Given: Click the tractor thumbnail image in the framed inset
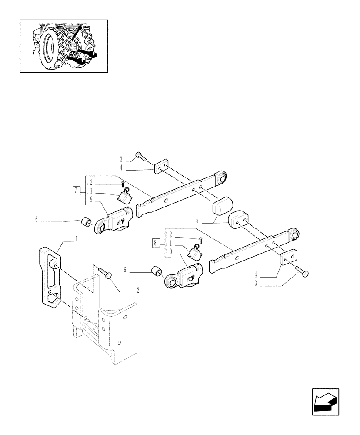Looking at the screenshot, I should (63, 46).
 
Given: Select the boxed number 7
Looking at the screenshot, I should (77, 191).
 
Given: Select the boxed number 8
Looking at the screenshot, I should (156, 243).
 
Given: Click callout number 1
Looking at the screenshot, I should (77, 239).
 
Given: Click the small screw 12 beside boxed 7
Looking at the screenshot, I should (123, 184).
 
